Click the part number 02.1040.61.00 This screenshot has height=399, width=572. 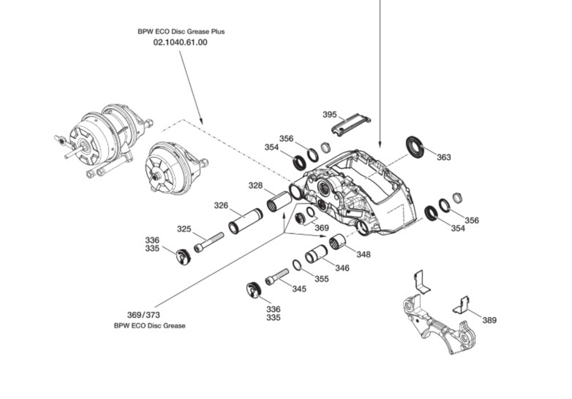180,42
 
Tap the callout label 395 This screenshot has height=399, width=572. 329,115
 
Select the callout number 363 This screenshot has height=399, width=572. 443,157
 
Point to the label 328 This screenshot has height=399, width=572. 255,186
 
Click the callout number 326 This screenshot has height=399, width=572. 221,206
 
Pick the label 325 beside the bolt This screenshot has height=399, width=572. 184,229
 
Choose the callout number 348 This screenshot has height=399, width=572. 363,254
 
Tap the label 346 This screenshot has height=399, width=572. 342,268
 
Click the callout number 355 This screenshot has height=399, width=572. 321,279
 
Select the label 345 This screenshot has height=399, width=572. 299,289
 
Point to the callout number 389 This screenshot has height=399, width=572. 489,320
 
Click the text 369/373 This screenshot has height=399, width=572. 143,315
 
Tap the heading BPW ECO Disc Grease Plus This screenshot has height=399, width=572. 181,32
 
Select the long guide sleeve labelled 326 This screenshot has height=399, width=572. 245,221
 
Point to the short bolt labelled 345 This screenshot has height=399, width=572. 277,277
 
